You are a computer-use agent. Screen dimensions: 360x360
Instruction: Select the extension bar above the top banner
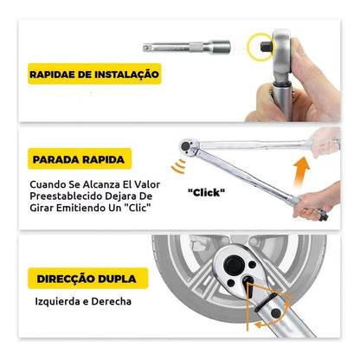187,47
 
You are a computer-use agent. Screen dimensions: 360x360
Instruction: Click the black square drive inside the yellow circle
266,47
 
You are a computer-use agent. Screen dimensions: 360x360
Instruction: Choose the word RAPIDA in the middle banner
103,159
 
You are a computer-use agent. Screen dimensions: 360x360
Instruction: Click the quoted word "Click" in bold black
206,192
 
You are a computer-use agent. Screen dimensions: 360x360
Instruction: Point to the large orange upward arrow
300,171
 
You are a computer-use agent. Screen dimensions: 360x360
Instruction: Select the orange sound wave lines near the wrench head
178,166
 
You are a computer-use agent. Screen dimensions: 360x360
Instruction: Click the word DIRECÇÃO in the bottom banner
66,279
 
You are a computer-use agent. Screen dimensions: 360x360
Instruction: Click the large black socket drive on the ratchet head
234,265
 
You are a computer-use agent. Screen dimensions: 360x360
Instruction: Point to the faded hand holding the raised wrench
325,142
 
